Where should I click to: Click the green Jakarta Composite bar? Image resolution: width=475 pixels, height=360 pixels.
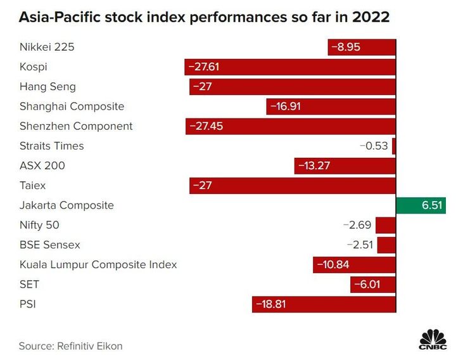click(421, 205)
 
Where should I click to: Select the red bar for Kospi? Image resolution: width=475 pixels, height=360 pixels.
click(290, 67)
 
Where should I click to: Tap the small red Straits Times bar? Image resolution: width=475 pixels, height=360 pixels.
click(394, 146)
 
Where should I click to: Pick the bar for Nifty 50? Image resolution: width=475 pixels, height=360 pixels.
click(386, 226)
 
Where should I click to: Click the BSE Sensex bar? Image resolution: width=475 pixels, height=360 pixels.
click(387, 245)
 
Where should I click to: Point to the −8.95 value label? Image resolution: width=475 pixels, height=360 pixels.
click(346, 47)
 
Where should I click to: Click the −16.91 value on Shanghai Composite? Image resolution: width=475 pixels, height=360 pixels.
click(286, 106)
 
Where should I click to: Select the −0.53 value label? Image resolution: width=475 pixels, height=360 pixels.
click(374, 146)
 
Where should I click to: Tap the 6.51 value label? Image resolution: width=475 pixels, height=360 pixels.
click(432, 205)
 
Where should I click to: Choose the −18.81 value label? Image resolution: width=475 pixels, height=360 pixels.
click(271, 304)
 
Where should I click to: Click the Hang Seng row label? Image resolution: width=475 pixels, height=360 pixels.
click(47, 87)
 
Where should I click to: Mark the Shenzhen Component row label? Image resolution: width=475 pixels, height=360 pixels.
click(76, 126)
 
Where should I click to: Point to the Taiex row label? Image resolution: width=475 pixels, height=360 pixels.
click(32, 185)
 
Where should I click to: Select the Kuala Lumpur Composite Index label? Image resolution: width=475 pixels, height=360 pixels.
click(98, 265)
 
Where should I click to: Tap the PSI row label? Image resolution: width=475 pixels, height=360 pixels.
click(28, 304)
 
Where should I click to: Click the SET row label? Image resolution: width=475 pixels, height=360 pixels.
click(29, 285)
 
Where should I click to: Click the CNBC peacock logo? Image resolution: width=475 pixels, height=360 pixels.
click(433, 339)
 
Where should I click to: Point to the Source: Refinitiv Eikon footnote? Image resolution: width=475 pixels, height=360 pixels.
click(70, 346)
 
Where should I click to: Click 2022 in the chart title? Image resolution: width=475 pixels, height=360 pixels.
click(370, 17)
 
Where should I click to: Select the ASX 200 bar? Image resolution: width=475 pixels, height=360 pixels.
click(345, 166)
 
